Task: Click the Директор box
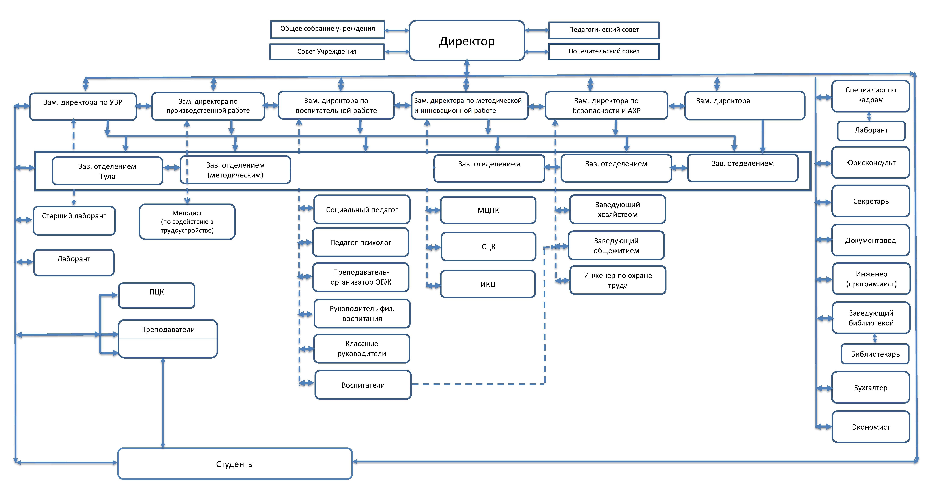point(466,41)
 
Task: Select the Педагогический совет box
point(604,30)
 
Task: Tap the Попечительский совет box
point(604,51)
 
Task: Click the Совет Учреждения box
point(327,52)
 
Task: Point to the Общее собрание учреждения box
point(327,29)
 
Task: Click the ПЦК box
point(157,295)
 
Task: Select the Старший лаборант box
point(74,220)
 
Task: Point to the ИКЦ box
point(488,284)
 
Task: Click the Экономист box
point(871,427)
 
